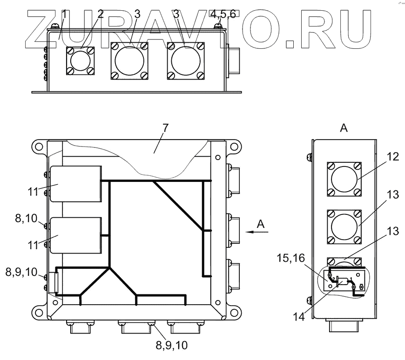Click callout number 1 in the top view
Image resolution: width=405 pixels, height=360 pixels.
click(64, 14)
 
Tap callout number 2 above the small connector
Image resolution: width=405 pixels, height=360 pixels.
click(101, 14)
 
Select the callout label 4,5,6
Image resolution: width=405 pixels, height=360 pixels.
click(223, 14)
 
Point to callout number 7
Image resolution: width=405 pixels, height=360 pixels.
click(165, 128)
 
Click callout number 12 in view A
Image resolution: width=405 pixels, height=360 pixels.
click(393, 157)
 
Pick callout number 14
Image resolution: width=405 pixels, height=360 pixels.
click(299, 317)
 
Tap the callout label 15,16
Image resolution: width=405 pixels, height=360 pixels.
click(291, 258)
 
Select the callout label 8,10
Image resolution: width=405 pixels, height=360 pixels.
click(26, 218)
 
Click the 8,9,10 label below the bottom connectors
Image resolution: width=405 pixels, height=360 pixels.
click(171, 345)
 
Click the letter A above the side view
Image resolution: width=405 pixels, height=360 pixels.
click(344, 128)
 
